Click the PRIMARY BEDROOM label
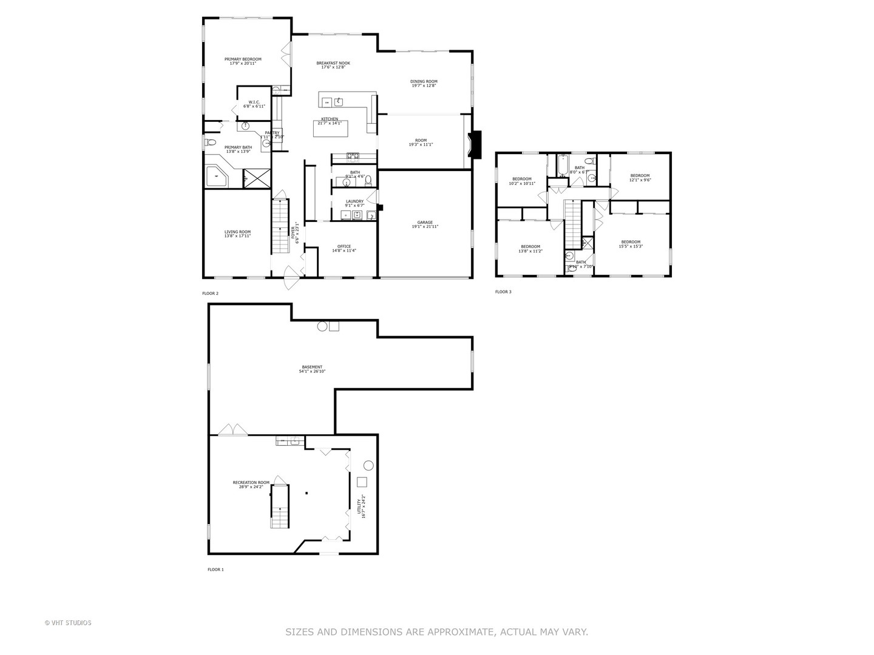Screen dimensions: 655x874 [243, 59]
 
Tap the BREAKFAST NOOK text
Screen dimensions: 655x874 [333, 63]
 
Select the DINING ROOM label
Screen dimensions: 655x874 [424, 81]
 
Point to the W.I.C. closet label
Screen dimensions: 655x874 [254, 102]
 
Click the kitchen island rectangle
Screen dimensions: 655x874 [331, 129]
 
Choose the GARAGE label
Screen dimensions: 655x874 [425, 223]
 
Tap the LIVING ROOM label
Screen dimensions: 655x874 [237, 232]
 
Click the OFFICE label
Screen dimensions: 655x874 [344, 246]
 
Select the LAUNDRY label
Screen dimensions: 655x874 [354, 201]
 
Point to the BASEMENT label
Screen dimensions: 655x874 [312, 367]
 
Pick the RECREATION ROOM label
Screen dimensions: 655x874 [251, 483]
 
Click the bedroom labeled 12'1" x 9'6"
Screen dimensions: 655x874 [640, 176]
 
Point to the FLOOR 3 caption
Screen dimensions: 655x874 [503, 292]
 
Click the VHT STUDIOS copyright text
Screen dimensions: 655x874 [68, 623]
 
